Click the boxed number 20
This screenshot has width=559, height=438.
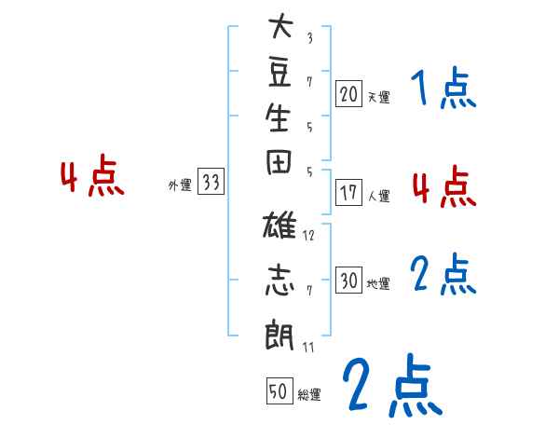(x=349, y=93)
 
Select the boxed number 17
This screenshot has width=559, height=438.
(x=349, y=194)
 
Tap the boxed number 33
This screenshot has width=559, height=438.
(x=211, y=183)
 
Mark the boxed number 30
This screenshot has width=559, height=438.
(x=349, y=281)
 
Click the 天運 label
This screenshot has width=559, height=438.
(x=378, y=96)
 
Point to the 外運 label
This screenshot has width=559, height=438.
(x=180, y=185)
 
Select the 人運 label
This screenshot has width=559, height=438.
(x=378, y=197)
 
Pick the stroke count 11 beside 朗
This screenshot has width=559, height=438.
(x=308, y=348)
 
